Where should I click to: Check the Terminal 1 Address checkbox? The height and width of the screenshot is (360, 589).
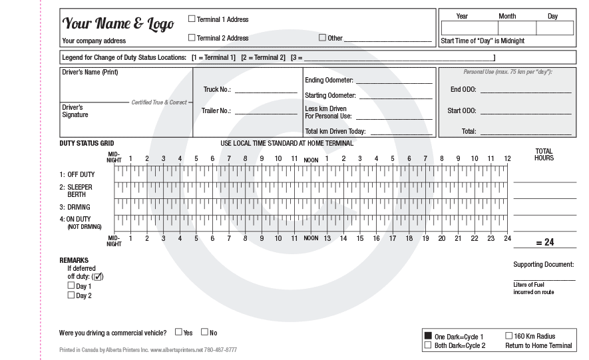tap(192, 19)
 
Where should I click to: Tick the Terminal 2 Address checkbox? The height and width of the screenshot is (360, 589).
tap(192, 38)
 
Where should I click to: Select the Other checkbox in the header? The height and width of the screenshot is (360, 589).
tap(323, 38)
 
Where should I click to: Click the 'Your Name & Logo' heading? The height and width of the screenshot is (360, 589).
tap(118, 24)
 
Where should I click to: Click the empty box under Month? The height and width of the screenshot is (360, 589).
tap(507, 28)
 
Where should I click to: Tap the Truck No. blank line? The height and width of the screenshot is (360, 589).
tap(266, 90)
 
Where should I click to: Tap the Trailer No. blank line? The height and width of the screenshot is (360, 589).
tap(266, 111)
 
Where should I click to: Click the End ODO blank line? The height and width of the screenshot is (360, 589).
tap(526, 90)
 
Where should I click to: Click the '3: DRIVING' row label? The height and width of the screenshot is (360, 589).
tap(75, 207)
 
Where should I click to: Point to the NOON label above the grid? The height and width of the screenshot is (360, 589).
tap(311, 160)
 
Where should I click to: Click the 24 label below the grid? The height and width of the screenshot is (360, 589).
tap(506, 238)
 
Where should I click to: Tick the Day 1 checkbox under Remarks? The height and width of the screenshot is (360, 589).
tap(71, 285)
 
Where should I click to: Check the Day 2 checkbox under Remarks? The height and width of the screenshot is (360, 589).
tap(71, 295)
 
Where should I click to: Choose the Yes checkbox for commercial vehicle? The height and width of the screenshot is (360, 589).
tap(178, 331)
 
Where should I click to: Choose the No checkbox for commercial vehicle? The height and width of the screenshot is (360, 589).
tap(204, 331)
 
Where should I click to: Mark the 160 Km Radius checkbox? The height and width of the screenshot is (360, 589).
tap(509, 336)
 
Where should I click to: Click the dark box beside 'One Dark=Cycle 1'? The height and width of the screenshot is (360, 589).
tap(428, 336)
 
